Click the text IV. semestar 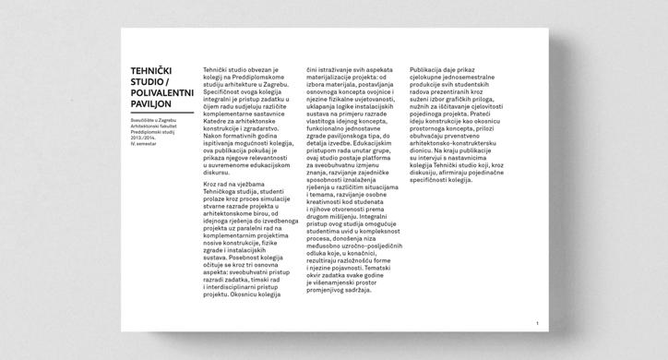(x=144, y=145)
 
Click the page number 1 (x=537, y=323)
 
